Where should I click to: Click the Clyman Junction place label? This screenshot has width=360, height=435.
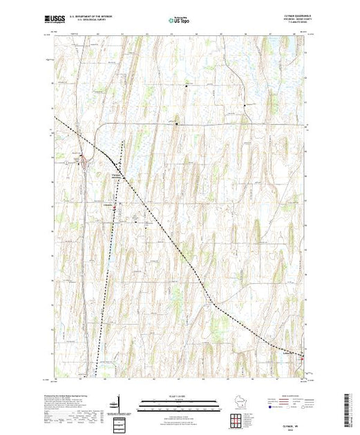115,175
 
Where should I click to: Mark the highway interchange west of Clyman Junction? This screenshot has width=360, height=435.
86,160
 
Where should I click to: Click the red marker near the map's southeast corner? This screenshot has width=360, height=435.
301,356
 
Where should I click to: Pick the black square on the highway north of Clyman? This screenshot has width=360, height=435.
176,124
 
